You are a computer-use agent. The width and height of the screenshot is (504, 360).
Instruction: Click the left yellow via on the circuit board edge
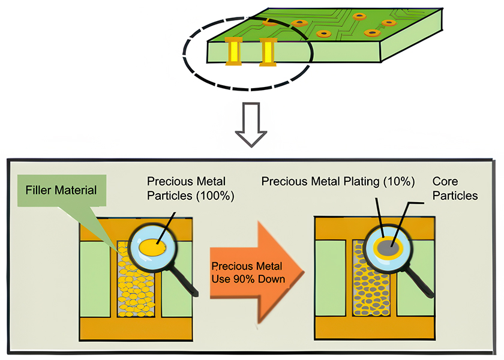pos(232,51)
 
